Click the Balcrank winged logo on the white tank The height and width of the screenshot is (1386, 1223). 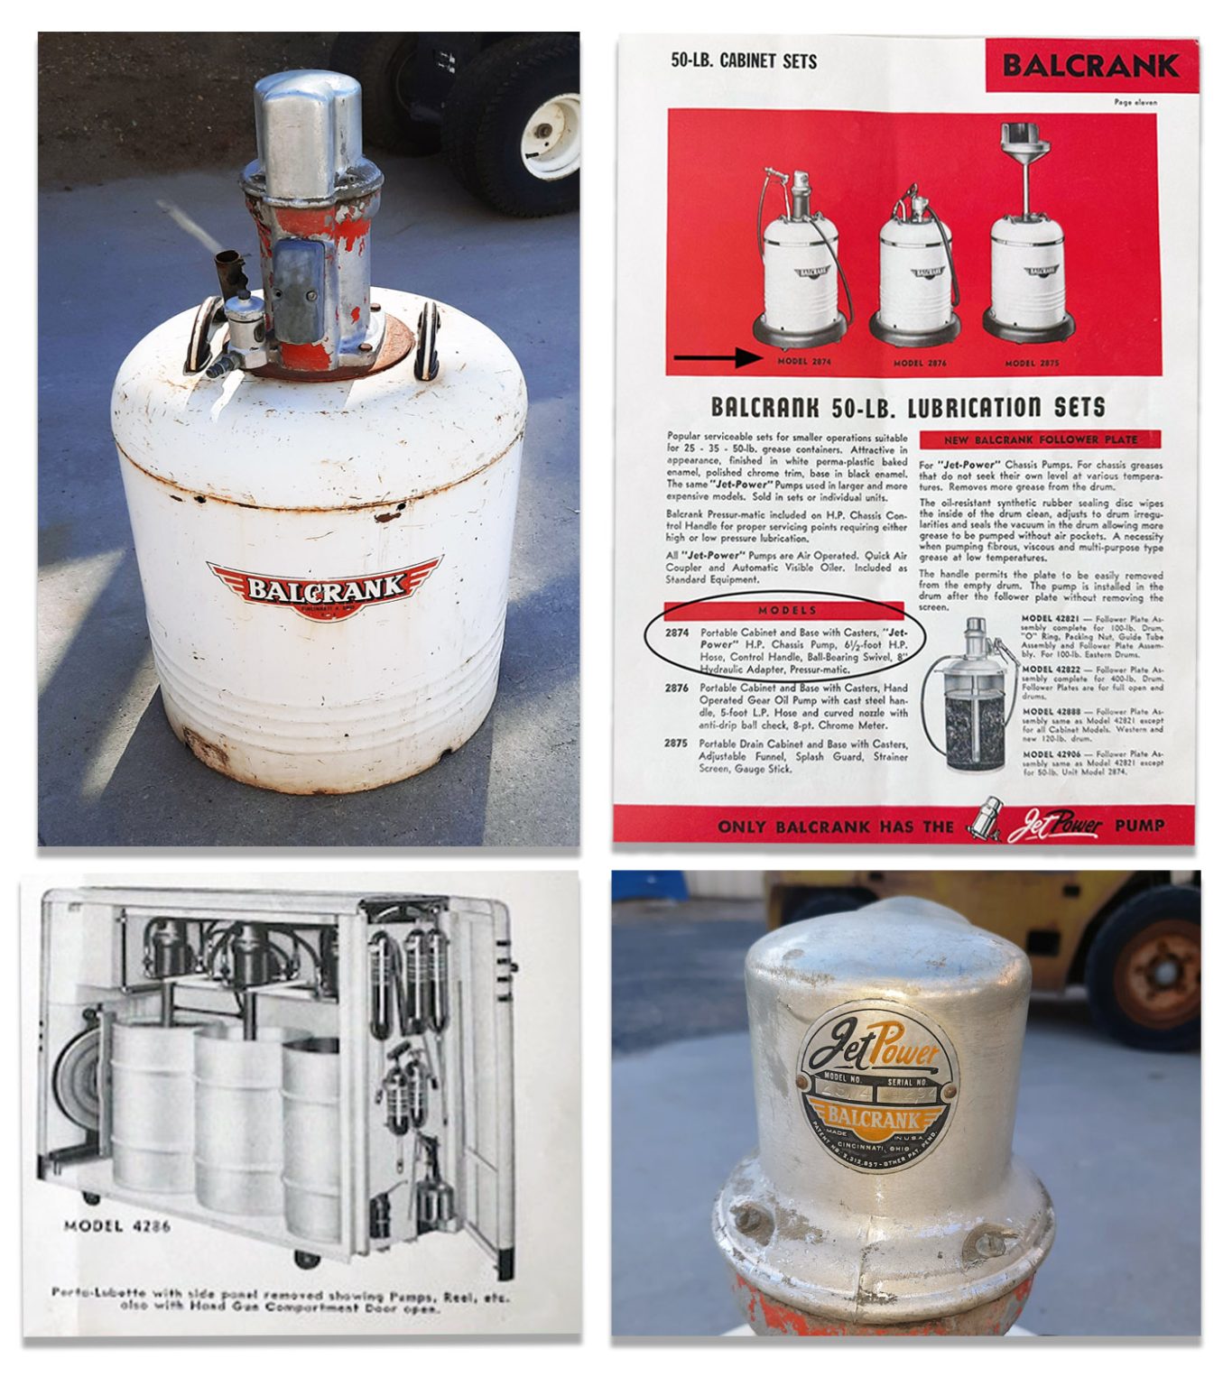tap(324, 588)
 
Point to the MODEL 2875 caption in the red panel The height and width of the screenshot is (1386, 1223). tap(1032, 363)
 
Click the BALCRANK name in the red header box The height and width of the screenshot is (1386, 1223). tap(1090, 65)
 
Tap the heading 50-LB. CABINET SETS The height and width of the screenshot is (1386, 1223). tap(743, 61)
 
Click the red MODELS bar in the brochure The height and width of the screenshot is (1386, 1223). tap(787, 610)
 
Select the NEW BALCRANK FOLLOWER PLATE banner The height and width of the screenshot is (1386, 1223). tap(1040, 439)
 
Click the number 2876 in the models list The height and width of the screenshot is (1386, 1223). tap(677, 688)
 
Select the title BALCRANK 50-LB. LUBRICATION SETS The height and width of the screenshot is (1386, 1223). tap(907, 407)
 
